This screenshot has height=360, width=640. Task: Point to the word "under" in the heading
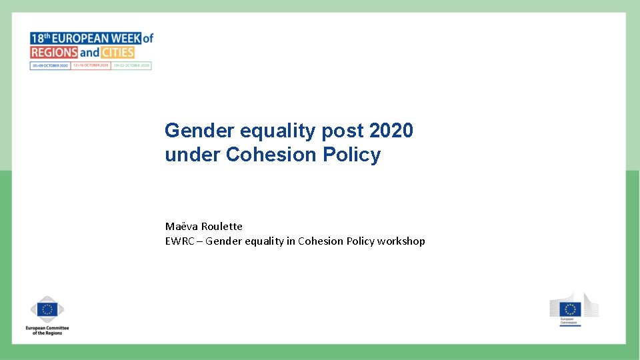click(x=193, y=155)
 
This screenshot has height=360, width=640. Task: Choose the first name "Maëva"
click(x=182, y=226)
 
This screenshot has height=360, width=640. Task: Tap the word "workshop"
click(x=401, y=241)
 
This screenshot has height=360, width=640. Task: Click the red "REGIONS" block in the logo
click(x=54, y=52)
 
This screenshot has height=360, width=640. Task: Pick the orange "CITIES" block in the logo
click(x=118, y=52)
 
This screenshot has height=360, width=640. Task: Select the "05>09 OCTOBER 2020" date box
click(x=50, y=66)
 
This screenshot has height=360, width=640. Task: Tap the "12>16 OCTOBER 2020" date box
click(x=91, y=66)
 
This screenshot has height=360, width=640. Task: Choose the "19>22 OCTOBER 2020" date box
click(x=131, y=66)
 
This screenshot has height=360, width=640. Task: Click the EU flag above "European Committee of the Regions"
click(x=47, y=309)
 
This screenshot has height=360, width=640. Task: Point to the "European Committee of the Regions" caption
click(x=47, y=330)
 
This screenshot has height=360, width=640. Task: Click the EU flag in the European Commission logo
click(x=570, y=309)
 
